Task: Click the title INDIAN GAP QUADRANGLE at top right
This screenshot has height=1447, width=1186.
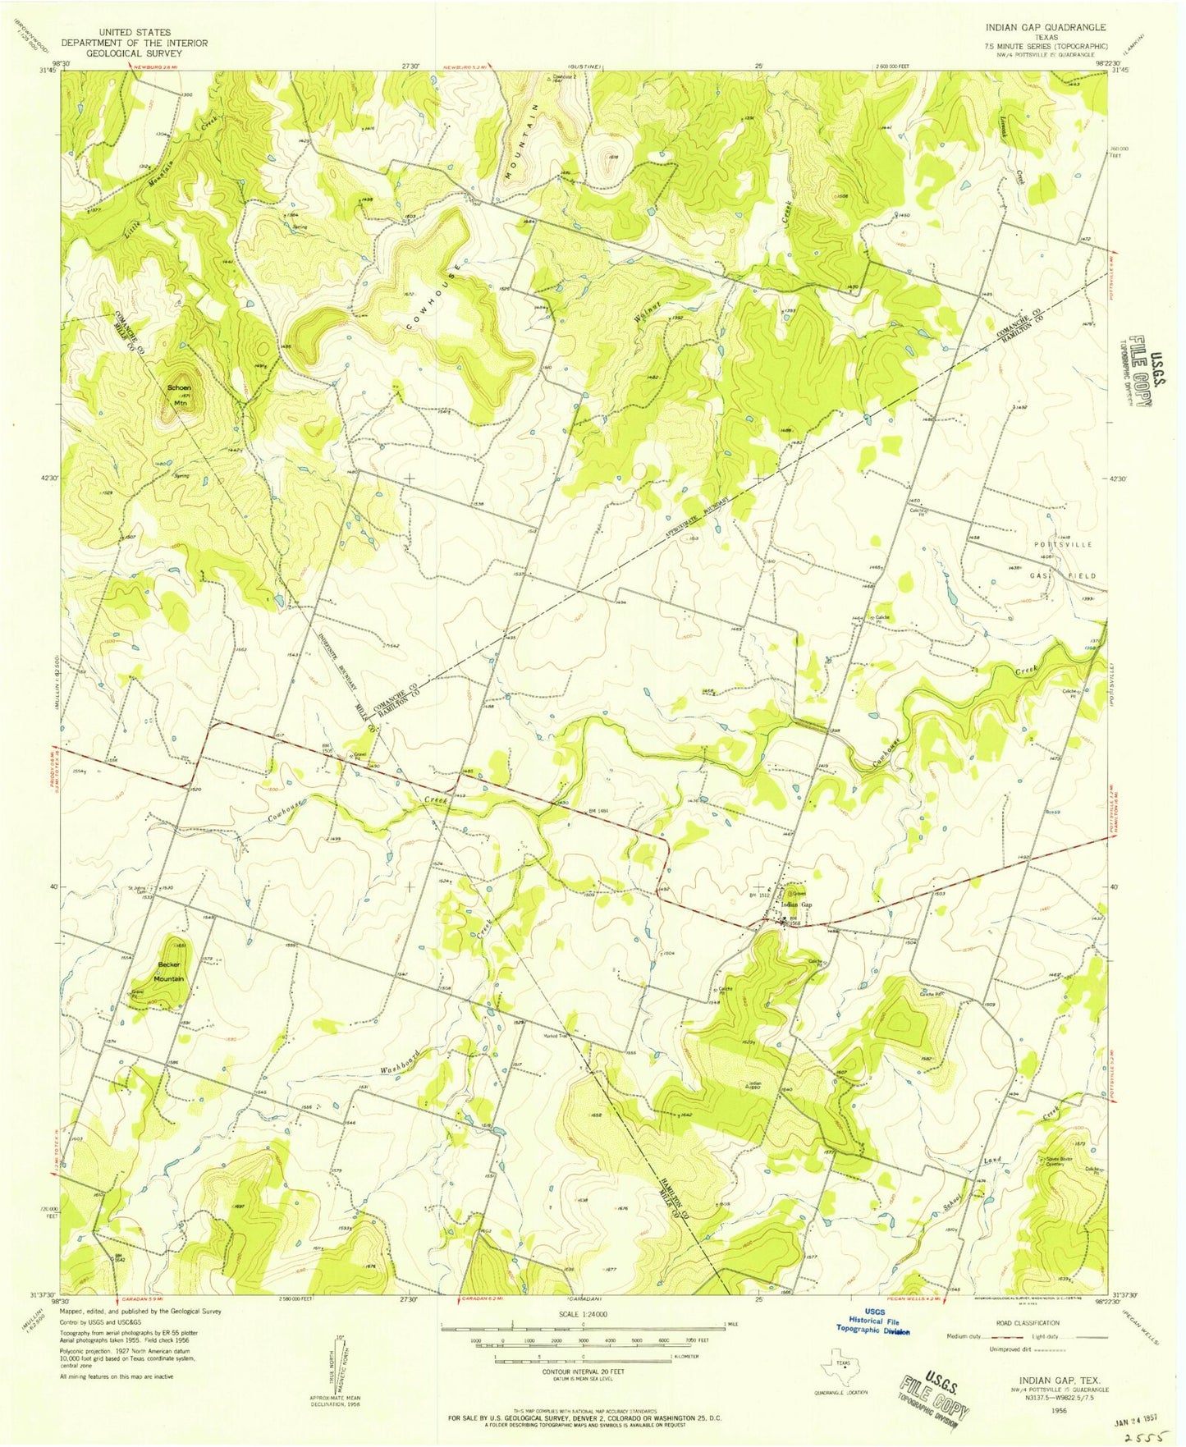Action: click(1046, 27)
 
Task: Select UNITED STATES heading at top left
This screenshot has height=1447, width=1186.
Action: click(135, 32)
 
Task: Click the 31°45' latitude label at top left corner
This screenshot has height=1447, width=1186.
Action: click(48, 71)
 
